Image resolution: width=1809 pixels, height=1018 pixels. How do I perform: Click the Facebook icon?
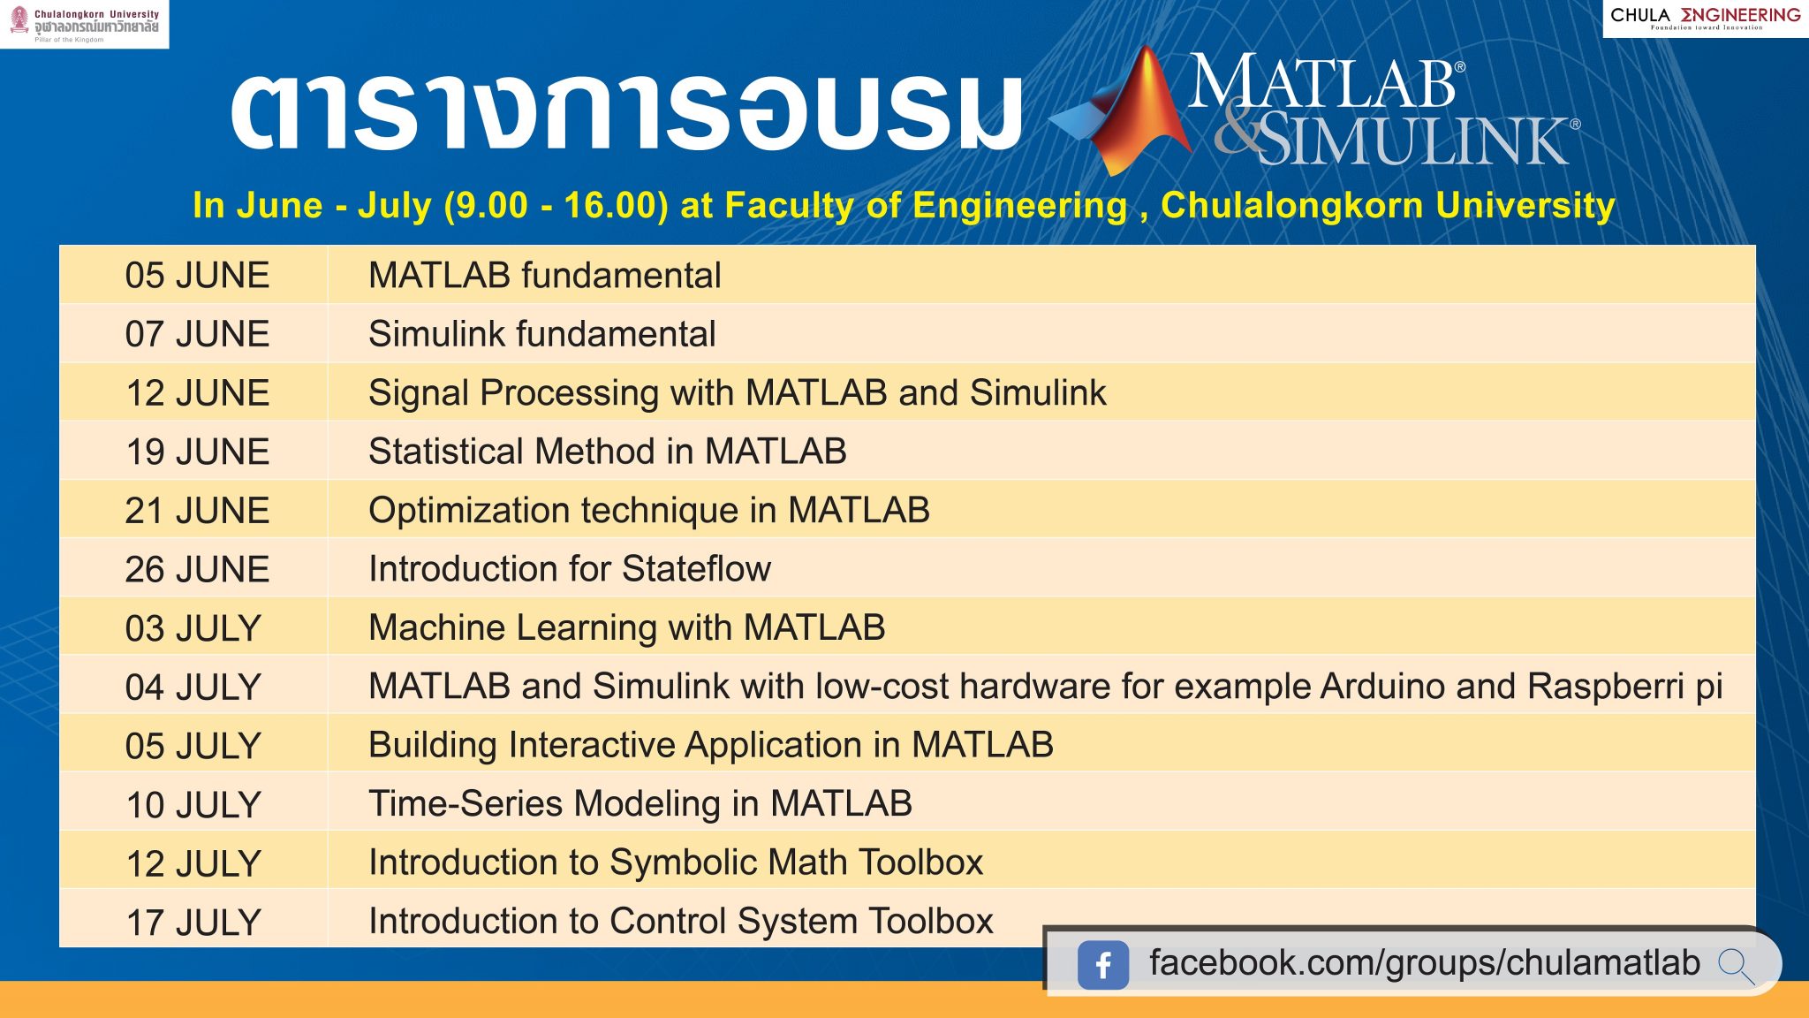[x=1103, y=964]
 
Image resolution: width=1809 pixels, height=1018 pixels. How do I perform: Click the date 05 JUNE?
[x=197, y=276]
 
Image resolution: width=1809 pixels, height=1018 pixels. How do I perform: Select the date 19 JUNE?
[x=197, y=452]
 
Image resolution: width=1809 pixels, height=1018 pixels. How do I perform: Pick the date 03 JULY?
[x=193, y=628]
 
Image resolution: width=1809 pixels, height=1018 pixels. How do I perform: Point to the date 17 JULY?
[x=193, y=923]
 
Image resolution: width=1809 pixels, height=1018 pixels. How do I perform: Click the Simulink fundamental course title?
[x=541, y=334]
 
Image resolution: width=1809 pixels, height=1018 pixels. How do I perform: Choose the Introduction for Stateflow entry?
[x=570, y=569]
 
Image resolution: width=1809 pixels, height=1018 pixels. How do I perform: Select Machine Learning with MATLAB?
[x=627, y=627]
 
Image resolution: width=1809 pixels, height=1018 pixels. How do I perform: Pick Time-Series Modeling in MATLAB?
[x=640, y=804]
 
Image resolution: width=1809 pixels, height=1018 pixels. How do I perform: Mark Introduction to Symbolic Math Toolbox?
[x=676, y=862]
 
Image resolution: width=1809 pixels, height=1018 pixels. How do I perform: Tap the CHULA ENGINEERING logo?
[x=1706, y=18]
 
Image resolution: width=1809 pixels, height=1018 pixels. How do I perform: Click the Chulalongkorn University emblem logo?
[x=19, y=19]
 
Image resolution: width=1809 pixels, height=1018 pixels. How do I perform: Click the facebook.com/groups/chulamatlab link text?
[x=1425, y=963]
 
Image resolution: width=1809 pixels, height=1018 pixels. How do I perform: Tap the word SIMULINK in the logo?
[x=1413, y=141]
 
